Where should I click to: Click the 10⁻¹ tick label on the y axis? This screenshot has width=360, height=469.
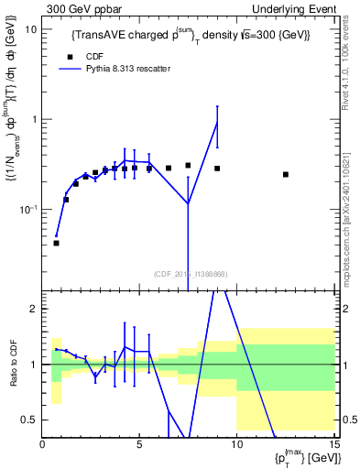pyautogui.click(x=28, y=209)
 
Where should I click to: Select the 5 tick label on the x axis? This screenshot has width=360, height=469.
pyautogui.click(x=139, y=445)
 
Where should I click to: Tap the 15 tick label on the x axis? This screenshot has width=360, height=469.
pyautogui.click(x=333, y=445)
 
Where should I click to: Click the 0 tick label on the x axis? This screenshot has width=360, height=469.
pyautogui.click(x=43, y=445)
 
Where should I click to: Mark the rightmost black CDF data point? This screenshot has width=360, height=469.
pyautogui.click(x=286, y=174)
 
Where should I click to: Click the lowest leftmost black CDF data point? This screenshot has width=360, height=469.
pyautogui.click(x=56, y=243)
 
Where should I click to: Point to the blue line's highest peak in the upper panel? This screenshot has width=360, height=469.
pyautogui.click(x=217, y=122)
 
